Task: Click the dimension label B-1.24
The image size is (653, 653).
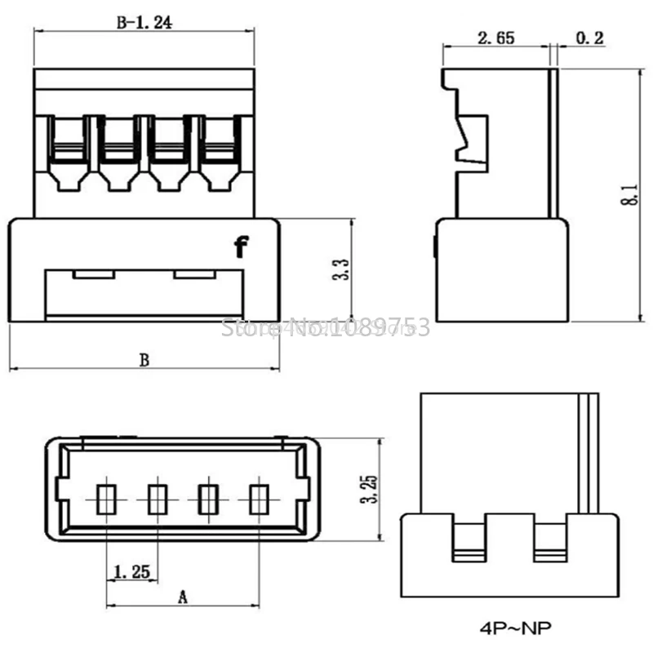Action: (x=144, y=23)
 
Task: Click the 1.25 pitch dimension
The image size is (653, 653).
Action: (x=131, y=572)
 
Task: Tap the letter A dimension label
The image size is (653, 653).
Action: (x=183, y=597)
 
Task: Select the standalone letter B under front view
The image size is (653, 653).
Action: (x=144, y=360)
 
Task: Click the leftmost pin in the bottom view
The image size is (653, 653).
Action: (x=106, y=499)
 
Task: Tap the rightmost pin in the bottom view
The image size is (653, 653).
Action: (x=260, y=499)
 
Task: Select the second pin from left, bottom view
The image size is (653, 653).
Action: (x=158, y=499)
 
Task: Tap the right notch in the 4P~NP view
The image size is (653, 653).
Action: (x=548, y=539)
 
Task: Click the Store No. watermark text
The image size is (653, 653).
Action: (x=326, y=328)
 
